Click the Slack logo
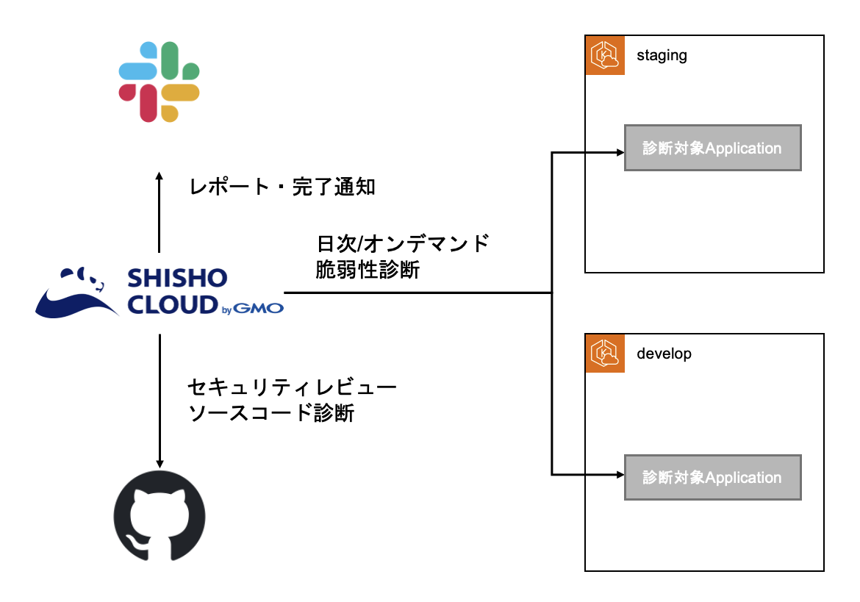(160, 82)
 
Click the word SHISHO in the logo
(177, 279)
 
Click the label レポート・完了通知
(282, 187)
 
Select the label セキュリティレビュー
(293, 387)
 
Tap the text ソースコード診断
(272, 413)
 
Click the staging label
(662, 56)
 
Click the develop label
(664, 354)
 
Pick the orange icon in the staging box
(604, 56)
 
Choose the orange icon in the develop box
(604, 354)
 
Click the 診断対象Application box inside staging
(712, 148)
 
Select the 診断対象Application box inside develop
(712, 478)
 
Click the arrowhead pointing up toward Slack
(160, 177)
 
